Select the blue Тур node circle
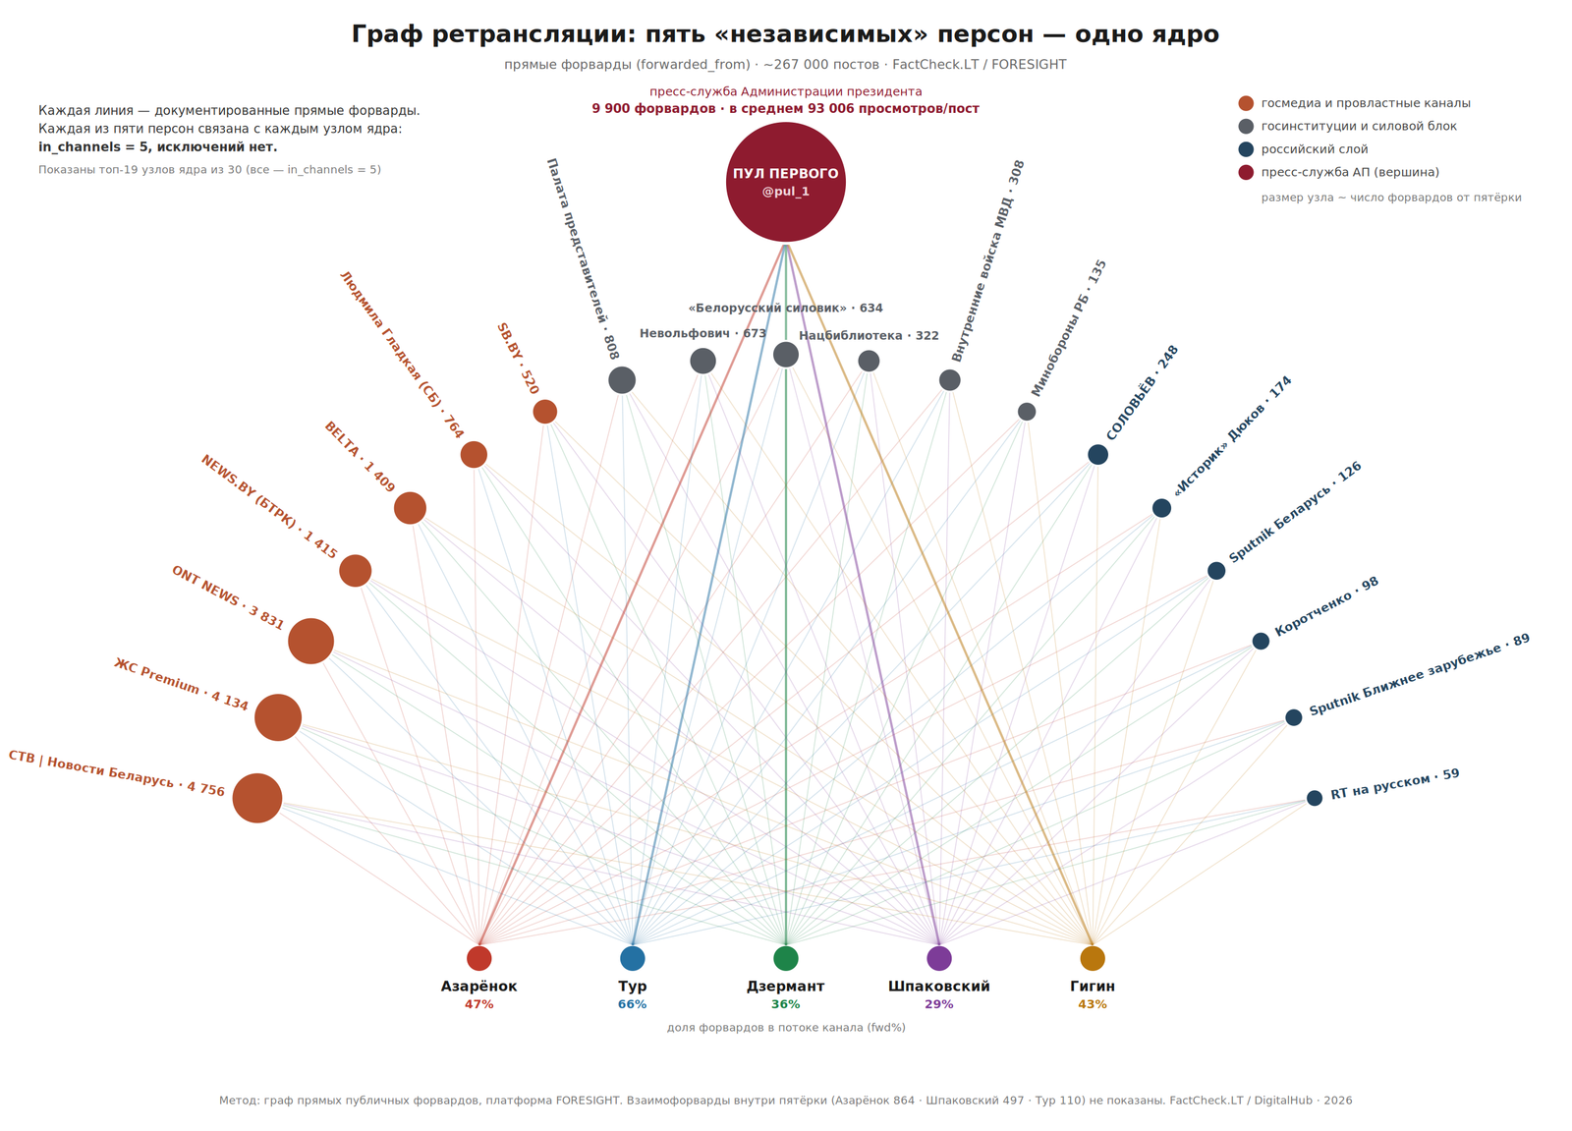633,958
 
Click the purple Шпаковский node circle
939,958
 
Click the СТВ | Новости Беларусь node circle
256,798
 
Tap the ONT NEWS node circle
310,641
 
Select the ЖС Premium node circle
278,717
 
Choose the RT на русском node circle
1315,798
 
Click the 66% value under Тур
633,1004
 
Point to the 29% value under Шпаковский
939,1004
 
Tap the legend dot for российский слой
1246,148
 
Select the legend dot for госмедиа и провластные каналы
1246,103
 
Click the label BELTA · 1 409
360,456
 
